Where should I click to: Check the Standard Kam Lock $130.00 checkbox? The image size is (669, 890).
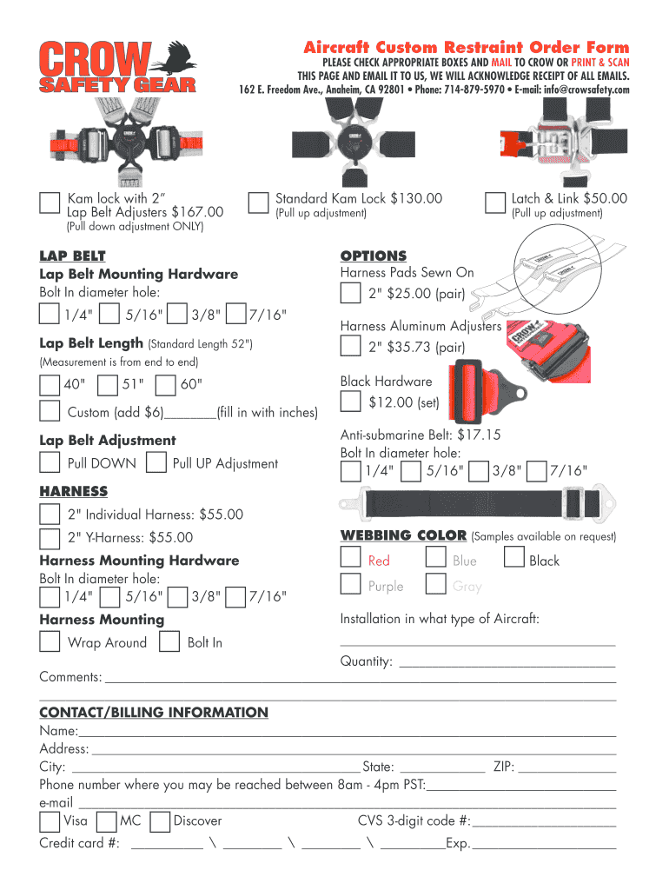pyautogui.click(x=258, y=203)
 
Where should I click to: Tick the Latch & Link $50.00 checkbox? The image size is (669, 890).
pyautogui.click(x=494, y=203)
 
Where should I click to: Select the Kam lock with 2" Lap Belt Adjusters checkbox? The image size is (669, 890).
pyautogui.click(x=50, y=203)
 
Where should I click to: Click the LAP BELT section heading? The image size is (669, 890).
pyautogui.click(x=72, y=256)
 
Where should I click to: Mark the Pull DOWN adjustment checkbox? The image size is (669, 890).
pyautogui.click(x=50, y=462)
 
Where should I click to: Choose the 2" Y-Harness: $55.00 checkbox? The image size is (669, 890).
pyautogui.click(x=50, y=537)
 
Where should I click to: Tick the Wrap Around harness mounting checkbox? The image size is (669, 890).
pyautogui.click(x=50, y=642)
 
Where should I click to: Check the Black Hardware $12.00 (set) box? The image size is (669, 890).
pyautogui.click(x=350, y=402)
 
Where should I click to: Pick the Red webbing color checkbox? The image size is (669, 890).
pyautogui.click(x=350, y=557)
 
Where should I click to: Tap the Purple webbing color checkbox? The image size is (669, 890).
pyautogui.click(x=350, y=583)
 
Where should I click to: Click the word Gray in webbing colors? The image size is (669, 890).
pyautogui.click(x=467, y=587)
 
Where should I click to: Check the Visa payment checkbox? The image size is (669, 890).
pyautogui.click(x=50, y=821)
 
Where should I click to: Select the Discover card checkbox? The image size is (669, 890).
pyautogui.click(x=159, y=821)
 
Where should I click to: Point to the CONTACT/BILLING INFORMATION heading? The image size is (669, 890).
pyautogui.click(x=154, y=713)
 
